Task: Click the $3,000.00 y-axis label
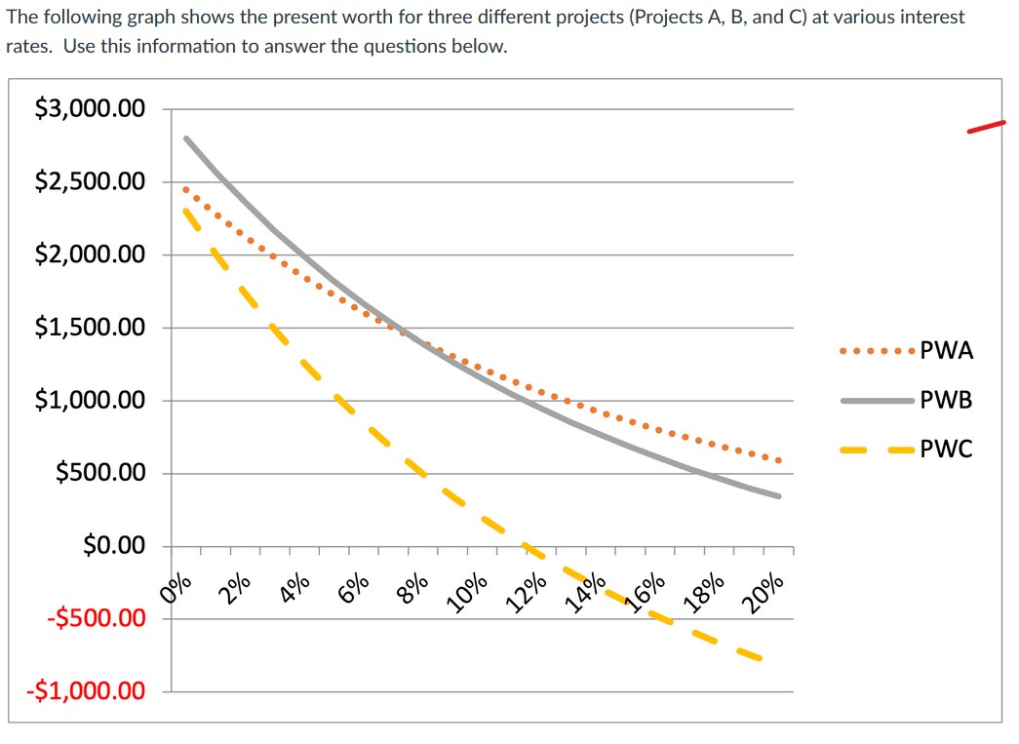[90, 109]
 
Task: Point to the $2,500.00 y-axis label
[90, 182]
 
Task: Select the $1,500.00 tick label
[90, 328]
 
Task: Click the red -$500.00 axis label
[90, 618]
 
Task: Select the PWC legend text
[946, 450]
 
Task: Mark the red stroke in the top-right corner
[985, 127]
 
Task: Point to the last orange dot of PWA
[778, 460]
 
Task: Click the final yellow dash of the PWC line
[749, 654]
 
